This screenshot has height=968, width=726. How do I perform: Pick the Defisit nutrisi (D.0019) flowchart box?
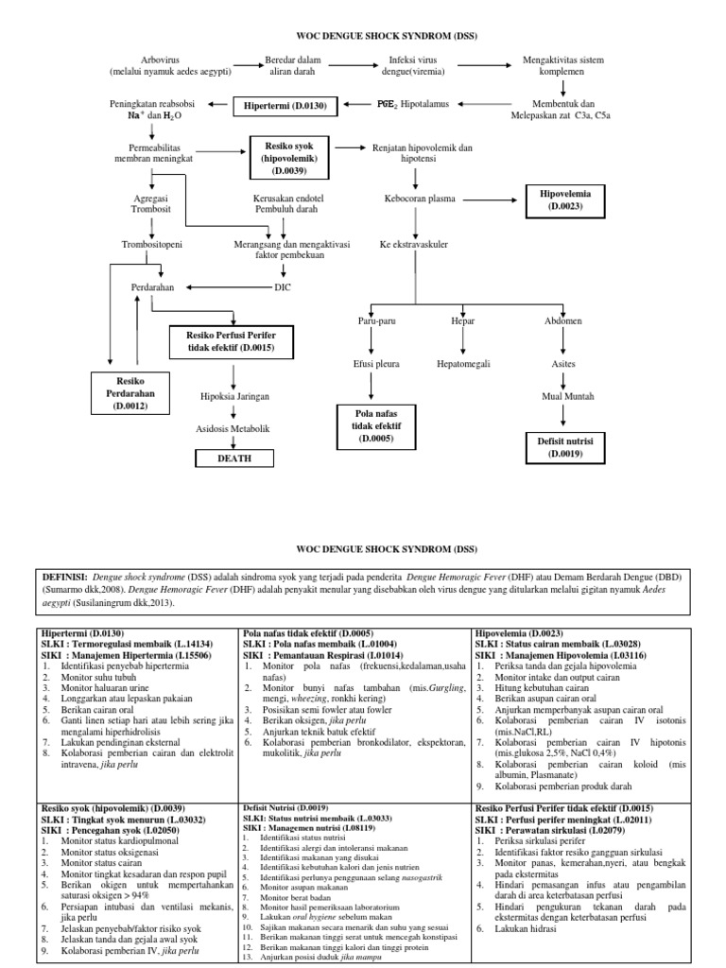pos(564,446)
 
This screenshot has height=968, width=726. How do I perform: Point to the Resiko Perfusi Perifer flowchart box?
pos(231,341)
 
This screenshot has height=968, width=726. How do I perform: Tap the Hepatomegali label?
pos(462,363)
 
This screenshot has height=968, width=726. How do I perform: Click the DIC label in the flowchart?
pos(283,286)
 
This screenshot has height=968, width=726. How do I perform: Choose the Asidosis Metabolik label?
pos(233,428)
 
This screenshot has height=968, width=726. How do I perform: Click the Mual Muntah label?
pos(564,397)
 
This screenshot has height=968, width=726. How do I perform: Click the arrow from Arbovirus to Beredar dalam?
pos(249,65)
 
